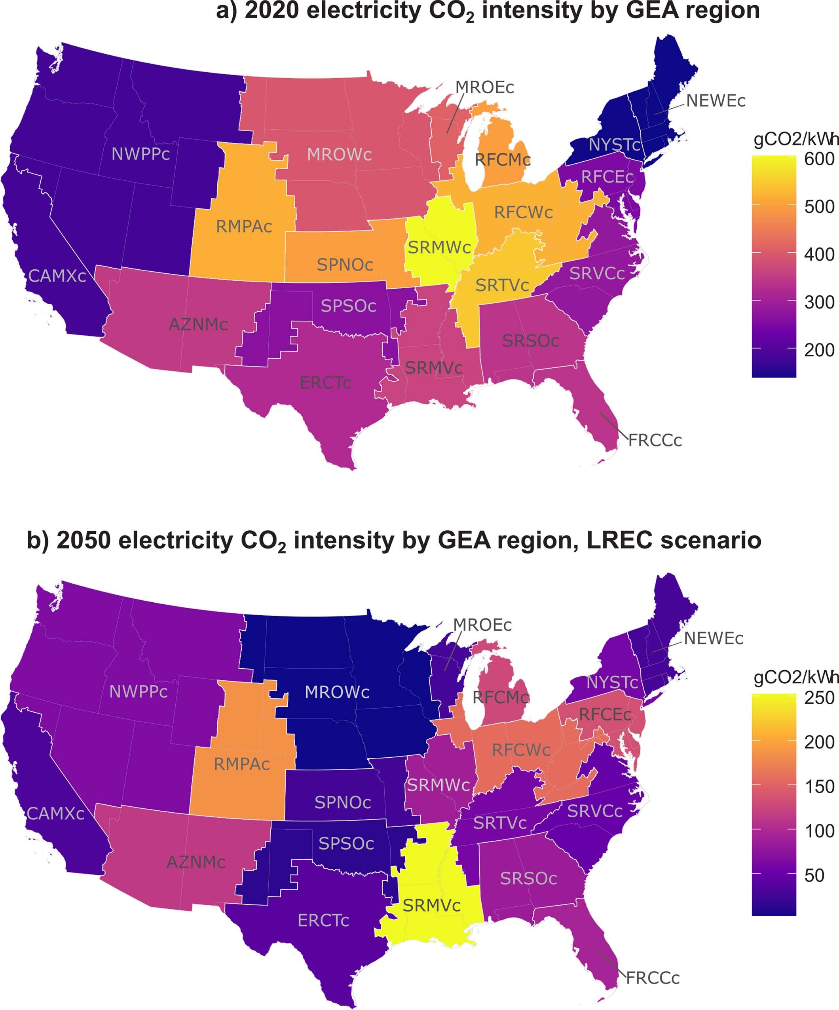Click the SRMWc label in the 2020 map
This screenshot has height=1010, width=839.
pyautogui.click(x=439, y=248)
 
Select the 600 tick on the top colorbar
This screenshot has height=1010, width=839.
pyautogui.click(x=819, y=159)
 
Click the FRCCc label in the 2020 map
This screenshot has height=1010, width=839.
pyautogui.click(x=655, y=441)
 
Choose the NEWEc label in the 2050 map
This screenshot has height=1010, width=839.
pyautogui.click(x=714, y=639)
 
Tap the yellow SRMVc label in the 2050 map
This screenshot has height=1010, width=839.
pyautogui.click(x=432, y=906)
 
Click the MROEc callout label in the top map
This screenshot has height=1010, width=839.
pyautogui.click(x=484, y=87)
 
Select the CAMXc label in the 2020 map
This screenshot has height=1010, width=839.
pyautogui.click(x=57, y=276)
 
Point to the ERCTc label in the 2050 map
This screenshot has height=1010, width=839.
pyautogui.click(x=323, y=921)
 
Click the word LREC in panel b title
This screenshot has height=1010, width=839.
pyautogui.click(x=619, y=541)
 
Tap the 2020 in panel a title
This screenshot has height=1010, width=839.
pyautogui.click(x=271, y=11)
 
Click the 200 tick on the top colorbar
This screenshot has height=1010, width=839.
pyautogui.click(x=819, y=350)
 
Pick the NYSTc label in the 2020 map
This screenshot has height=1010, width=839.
pyautogui.click(x=614, y=145)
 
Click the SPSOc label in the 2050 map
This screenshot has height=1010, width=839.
pyautogui.click(x=346, y=844)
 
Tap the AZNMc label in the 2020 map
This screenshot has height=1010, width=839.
pyautogui.click(x=198, y=325)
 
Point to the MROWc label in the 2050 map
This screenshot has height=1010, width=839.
pyautogui.click(x=337, y=692)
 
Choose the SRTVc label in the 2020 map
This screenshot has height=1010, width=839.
pyautogui.click(x=502, y=286)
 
